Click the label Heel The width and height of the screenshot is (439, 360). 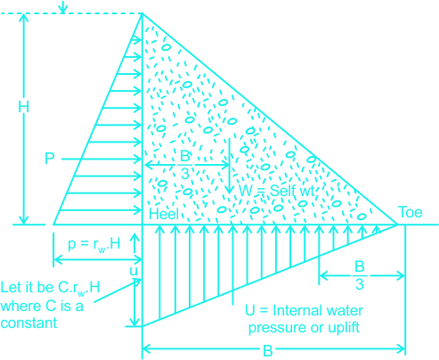164,214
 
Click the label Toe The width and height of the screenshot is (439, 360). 411,212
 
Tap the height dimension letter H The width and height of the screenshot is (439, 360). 23,107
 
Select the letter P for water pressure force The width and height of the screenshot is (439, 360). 49,159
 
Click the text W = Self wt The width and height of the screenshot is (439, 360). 276,191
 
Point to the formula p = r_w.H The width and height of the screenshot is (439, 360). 94,244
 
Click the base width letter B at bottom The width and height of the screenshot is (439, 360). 268,351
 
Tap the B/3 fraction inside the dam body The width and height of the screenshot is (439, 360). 185,165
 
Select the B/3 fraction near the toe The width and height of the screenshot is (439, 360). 360,275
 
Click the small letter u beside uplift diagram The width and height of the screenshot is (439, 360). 134,271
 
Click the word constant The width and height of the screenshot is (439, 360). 28,323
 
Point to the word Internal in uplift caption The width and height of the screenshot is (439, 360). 294,311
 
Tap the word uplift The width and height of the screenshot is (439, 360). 344,328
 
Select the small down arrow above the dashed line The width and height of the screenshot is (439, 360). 62,6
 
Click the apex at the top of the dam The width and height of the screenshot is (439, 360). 142,13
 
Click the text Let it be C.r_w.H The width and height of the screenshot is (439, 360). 50,288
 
